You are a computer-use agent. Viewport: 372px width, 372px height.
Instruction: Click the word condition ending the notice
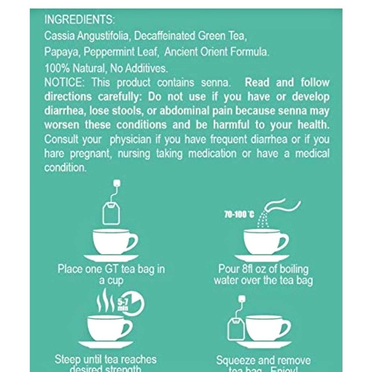[x=65, y=168]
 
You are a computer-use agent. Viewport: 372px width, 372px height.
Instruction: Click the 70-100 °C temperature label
[x=239, y=214]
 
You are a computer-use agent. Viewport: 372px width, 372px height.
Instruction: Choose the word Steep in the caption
[x=68, y=359]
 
